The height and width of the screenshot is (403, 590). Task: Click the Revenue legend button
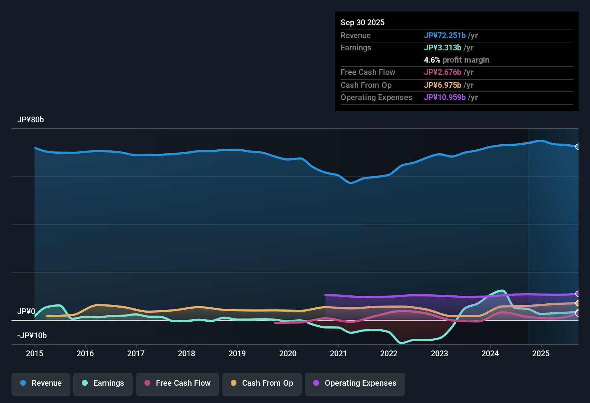tap(41, 383)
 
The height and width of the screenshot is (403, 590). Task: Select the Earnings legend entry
tap(103, 383)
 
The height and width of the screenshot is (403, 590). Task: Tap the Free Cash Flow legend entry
tap(178, 383)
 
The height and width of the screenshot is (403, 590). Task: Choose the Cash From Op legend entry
tap(262, 383)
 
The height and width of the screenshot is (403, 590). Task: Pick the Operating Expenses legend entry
tap(355, 383)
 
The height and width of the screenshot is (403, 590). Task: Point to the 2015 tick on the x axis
tap(34, 354)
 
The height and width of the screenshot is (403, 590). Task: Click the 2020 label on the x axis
tap(288, 354)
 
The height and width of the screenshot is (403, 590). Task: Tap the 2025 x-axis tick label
tap(541, 354)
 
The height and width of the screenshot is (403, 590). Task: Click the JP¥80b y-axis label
tap(31, 120)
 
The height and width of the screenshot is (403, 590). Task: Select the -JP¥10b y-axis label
tap(32, 336)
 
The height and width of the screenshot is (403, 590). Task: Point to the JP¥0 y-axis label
tap(26, 312)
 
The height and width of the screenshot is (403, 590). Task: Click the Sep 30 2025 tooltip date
tap(363, 23)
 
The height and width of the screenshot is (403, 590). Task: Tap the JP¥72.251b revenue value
tap(445, 36)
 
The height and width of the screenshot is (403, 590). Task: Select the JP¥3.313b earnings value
tap(443, 48)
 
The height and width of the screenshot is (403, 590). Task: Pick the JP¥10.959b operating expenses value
tap(445, 98)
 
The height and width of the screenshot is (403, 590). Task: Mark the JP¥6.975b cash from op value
tap(443, 85)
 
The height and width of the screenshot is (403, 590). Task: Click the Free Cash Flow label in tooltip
tap(368, 72)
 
